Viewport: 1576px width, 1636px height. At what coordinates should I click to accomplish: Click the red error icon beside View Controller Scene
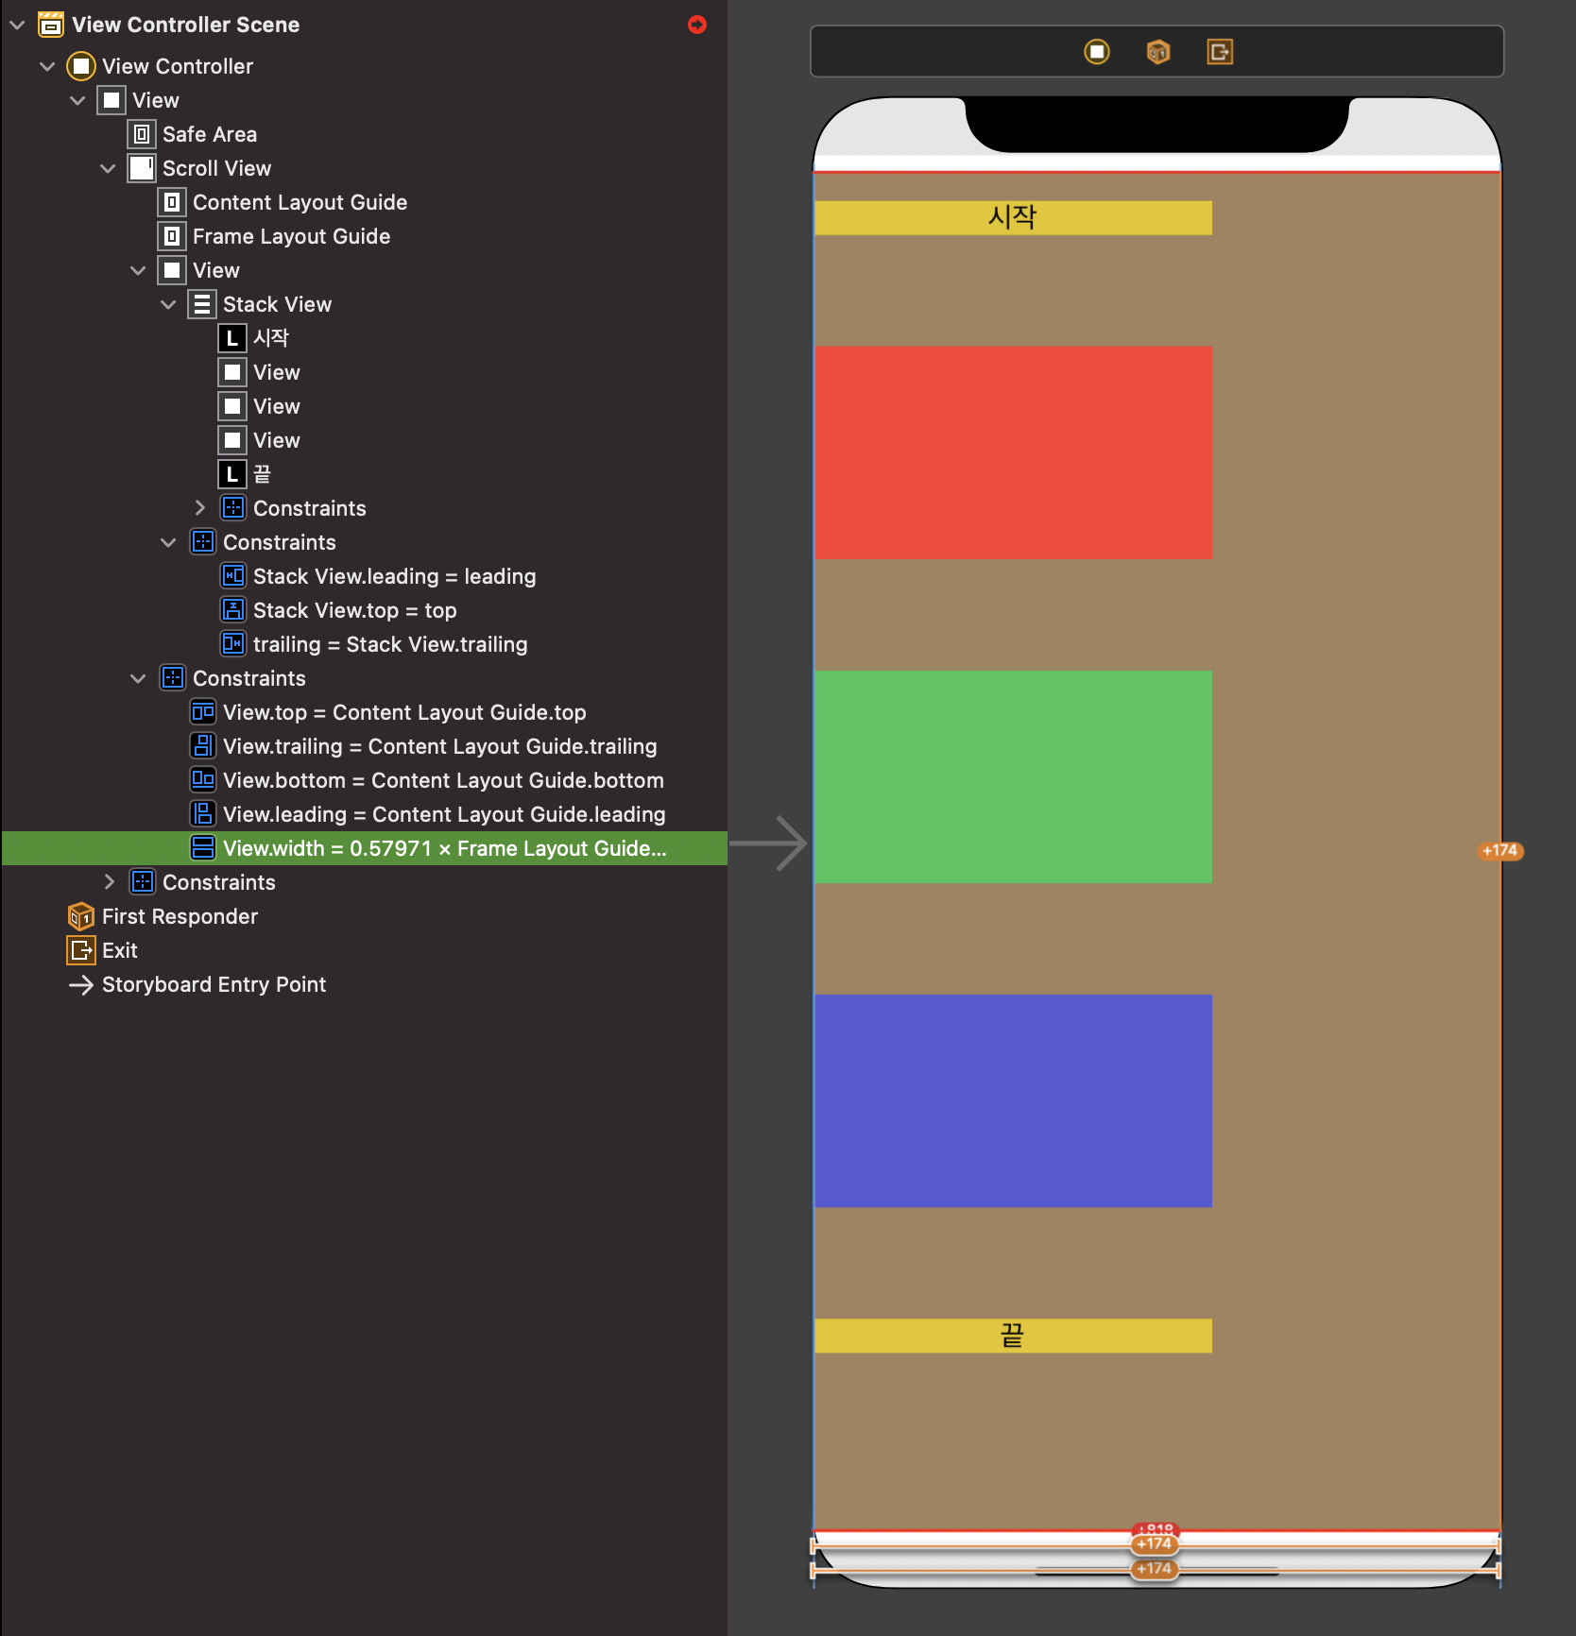pyautogui.click(x=697, y=25)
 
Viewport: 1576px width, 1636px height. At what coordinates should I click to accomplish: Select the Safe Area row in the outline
pyautogui.click(x=209, y=134)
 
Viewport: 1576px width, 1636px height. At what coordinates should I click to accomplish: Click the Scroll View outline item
pyautogui.click(x=216, y=168)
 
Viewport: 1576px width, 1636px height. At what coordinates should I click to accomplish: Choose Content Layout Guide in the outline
pyautogui.click(x=300, y=202)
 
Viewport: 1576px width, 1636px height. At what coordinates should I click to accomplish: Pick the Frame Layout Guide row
pyautogui.click(x=291, y=236)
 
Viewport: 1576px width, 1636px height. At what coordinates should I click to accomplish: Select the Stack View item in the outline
pyautogui.click(x=277, y=304)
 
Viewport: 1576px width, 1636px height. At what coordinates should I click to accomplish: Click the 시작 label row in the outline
pyautogui.click(x=270, y=338)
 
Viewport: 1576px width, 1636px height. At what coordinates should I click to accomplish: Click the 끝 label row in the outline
pyautogui.click(x=262, y=474)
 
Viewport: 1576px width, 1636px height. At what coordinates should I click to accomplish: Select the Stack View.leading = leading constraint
pyautogui.click(x=394, y=576)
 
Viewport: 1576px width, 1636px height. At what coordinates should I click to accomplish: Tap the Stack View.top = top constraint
pyautogui.click(x=354, y=610)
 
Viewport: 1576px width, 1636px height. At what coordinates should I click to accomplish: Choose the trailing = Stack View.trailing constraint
pyautogui.click(x=390, y=644)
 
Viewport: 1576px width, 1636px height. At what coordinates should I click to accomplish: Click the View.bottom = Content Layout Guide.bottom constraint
pyautogui.click(x=443, y=780)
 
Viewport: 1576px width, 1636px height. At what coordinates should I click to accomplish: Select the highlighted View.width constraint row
pyautogui.click(x=444, y=848)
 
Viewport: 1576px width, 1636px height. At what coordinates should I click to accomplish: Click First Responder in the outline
pyautogui.click(x=180, y=916)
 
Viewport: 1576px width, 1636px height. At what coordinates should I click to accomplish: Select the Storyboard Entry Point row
pyautogui.click(x=214, y=984)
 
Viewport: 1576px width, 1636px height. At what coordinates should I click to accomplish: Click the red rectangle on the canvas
pyautogui.click(x=1013, y=452)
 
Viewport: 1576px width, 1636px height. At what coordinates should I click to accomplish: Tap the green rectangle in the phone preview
pyautogui.click(x=1013, y=776)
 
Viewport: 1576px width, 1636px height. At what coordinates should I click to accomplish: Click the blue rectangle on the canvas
pyautogui.click(x=1013, y=1100)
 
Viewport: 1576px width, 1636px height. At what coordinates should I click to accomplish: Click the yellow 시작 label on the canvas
pyautogui.click(x=1013, y=217)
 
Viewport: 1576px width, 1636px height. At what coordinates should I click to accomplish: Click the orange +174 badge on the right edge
pyautogui.click(x=1499, y=851)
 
